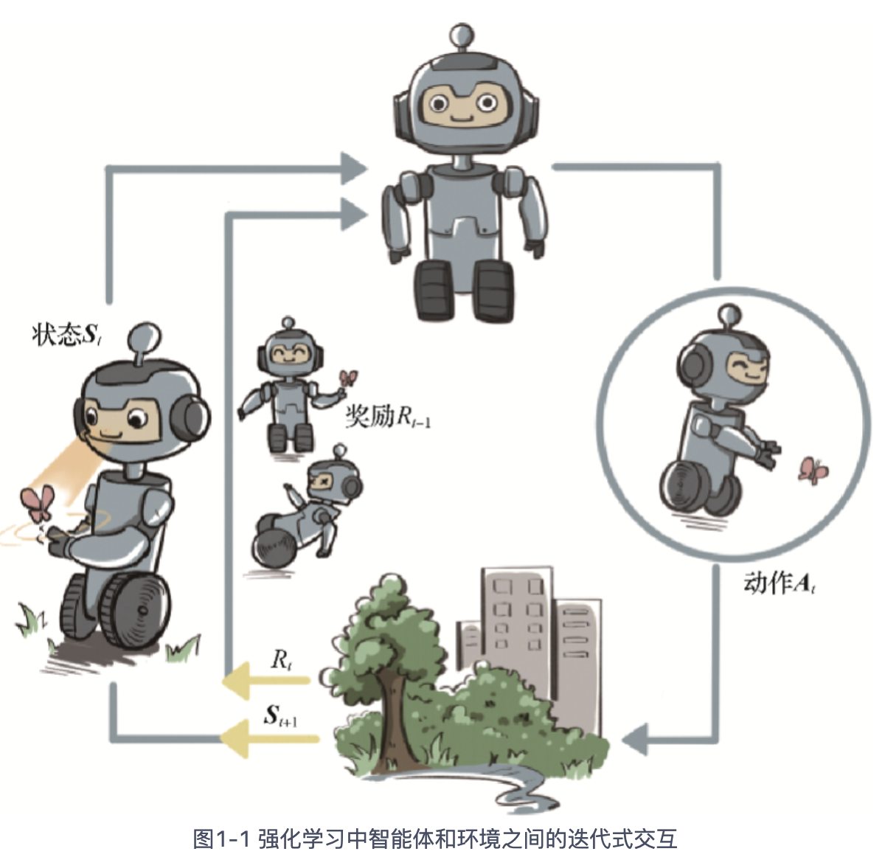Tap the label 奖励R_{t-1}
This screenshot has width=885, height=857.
click(x=388, y=417)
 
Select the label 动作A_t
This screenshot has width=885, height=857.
click(x=779, y=583)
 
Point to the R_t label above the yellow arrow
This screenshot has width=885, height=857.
click(x=281, y=659)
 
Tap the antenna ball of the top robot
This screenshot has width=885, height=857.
click(x=462, y=35)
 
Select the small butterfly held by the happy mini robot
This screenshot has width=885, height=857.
click(x=347, y=378)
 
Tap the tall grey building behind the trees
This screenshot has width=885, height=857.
click(x=516, y=627)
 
